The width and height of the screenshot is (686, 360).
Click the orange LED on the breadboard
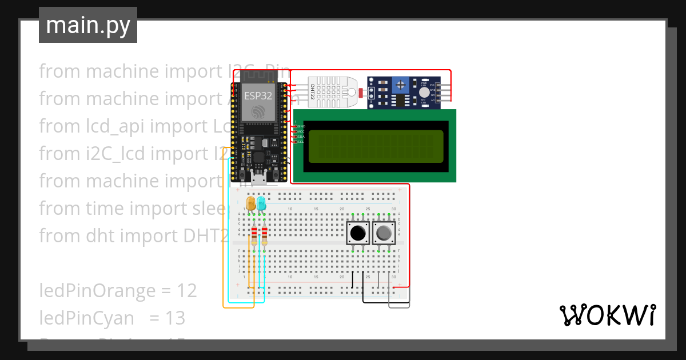pos(250,203)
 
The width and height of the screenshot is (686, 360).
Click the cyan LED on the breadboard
pos(261,203)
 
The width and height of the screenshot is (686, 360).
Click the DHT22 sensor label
pos(313,92)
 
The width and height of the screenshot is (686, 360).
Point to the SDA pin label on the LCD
pos(300,137)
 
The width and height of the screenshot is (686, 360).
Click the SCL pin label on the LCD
pos(300,142)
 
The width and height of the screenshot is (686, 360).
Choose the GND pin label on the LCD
pos(301,126)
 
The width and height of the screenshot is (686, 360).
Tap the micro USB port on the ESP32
pos(258,179)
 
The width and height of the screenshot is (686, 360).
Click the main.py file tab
pos(88,25)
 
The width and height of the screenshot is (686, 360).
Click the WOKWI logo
pos(607,315)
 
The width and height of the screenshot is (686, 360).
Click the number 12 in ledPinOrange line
pos(187,291)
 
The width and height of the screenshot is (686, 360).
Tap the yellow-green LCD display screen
pos(376,146)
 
